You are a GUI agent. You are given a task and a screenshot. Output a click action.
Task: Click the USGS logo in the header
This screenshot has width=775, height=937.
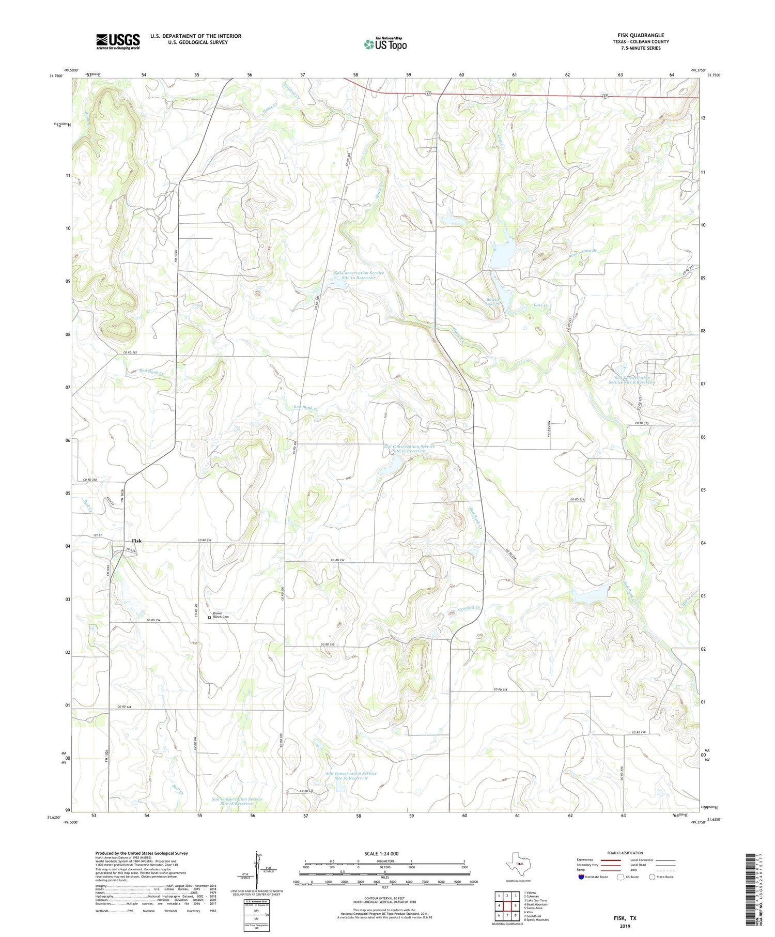tap(118, 41)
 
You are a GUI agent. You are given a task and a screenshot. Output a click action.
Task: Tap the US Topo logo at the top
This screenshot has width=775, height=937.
tap(385, 44)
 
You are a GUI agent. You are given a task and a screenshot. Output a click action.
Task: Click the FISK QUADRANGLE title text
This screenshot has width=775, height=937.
tap(640, 35)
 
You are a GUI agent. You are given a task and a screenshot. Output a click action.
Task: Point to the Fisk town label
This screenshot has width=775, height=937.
tap(136, 541)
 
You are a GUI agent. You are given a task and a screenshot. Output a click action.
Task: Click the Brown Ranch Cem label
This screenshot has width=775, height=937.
tap(221, 615)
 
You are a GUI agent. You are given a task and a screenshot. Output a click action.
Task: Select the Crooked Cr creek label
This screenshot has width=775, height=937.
tap(469, 608)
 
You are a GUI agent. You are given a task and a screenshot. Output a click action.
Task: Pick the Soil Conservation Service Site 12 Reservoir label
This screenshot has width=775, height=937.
tap(409, 448)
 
